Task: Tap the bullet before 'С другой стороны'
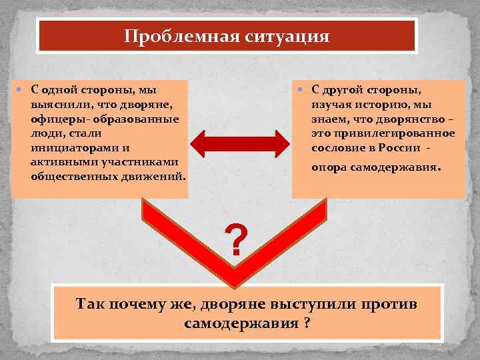[x=301, y=90]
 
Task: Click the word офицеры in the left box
[x=53, y=119]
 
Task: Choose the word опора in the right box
[x=329, y=167]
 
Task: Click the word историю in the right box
[x=384, y=104]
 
